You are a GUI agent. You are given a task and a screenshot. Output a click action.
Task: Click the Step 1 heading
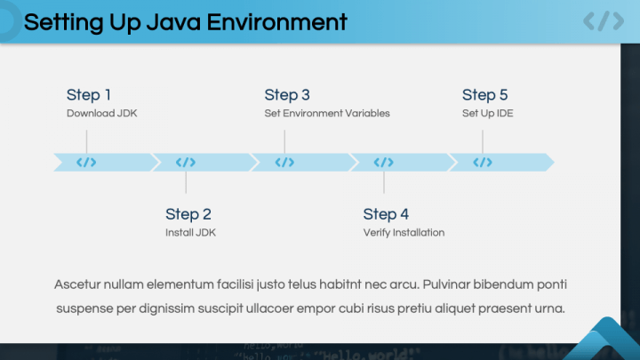89,95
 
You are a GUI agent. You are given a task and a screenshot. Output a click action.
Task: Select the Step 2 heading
188,214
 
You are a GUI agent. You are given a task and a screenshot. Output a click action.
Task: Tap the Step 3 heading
287,95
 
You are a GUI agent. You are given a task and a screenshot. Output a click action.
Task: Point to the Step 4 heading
386,214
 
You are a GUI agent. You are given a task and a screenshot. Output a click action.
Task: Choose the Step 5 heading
484,95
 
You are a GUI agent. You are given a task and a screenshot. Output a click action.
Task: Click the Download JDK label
102,114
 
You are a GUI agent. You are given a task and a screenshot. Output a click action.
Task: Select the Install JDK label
190,233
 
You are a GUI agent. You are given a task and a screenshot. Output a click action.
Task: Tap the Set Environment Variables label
327,114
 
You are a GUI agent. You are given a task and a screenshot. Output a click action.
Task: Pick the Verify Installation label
404,233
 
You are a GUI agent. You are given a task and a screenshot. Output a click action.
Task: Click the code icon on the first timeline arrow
86,162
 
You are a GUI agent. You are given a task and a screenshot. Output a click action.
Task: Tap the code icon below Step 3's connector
284,162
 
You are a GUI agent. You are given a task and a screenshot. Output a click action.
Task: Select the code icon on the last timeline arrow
483,162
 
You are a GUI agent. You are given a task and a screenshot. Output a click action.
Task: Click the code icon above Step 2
185,162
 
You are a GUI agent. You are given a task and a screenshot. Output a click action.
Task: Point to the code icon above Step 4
383,162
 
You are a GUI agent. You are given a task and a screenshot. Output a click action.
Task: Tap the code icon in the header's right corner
603,21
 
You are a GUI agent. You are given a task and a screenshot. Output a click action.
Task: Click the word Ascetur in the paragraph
76,284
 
